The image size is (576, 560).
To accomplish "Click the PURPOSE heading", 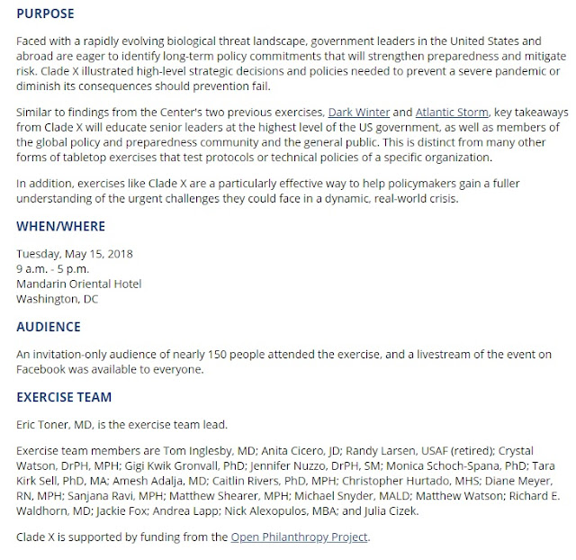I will point(46,14).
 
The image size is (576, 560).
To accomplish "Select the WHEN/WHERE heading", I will point(61,226).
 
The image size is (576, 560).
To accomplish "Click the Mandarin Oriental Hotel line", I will point(79,284).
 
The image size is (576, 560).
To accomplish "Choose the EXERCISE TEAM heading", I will point(64,397).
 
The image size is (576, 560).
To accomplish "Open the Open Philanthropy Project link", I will point(299,538).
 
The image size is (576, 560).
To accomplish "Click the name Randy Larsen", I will point(376,450).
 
